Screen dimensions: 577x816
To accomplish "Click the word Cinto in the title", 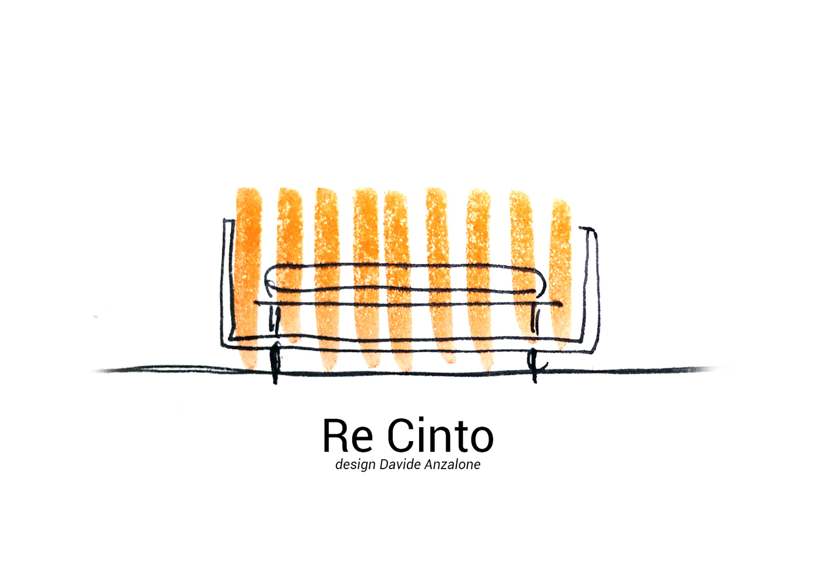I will pyautogui.click(x=441, y=436).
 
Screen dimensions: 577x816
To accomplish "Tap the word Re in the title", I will pyautogui.click(x=348, y=436).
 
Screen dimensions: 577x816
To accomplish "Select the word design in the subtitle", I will pyautogui.click(x=355, y=465).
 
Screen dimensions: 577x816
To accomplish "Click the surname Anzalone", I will pyautogui.click(x=451, y=465).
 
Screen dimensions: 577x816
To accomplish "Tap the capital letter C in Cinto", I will pyautogui.click(x=402, y=436).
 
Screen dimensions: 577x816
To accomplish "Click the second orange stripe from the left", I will pyautogui.click(x=290, y=262).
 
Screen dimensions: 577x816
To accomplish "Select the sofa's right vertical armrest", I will pyautogui.click(x=594, y=286).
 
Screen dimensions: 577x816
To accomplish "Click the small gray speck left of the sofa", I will pyautogui.click(x=96, y=317).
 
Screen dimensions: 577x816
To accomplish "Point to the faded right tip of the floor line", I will pyautogui.click(x=714, y=368).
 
